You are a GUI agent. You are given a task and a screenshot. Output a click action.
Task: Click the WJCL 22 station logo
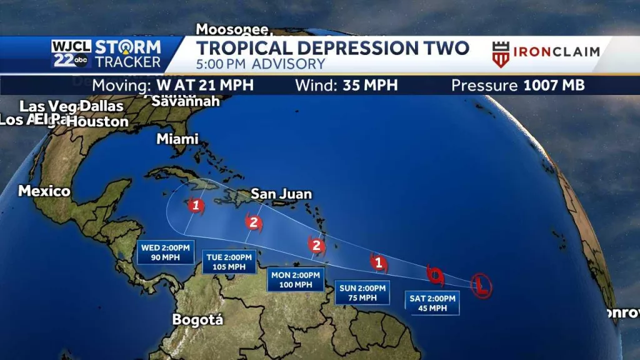tap(71, 54)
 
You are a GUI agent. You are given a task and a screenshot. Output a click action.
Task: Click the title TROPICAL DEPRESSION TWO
tap(332, 48)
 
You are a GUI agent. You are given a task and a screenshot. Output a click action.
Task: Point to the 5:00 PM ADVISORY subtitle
tap(261, 64)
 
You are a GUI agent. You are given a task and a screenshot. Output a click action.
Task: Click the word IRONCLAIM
tap(556, 52)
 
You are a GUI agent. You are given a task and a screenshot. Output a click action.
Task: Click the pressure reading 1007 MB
tap(552, 85)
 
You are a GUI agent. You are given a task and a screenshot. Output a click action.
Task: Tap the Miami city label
tap(177, 139)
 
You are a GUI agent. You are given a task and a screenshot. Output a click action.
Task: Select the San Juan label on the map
tap(281, 195)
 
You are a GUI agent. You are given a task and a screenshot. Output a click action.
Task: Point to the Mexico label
tap(44, 191)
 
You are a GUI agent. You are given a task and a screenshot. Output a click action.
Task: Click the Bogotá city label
tap(197, 320)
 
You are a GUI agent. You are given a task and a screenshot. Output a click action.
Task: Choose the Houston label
tap(97, 122)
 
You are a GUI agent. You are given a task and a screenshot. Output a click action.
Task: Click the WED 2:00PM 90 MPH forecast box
tap(161, 252)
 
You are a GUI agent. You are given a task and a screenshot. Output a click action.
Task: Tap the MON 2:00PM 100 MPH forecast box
tap(295, 279)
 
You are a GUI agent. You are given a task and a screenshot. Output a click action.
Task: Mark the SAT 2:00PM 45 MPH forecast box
tap(432, 303)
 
